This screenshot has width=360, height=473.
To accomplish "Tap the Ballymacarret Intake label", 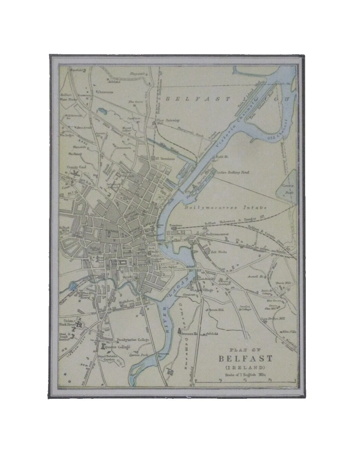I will point(226,207).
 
